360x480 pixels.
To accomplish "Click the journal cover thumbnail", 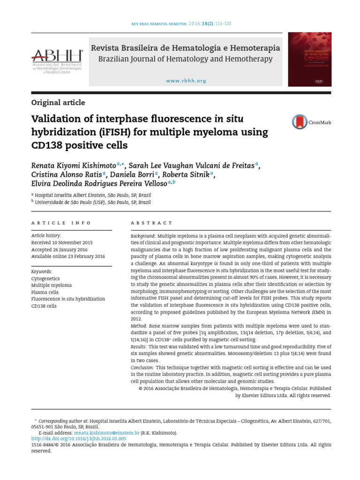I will [x=309, y=59].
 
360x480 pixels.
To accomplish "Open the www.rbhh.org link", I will [x=186, y=81].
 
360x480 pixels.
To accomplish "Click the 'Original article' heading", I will [x=58, y=103].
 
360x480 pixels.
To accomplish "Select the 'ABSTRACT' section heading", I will [x=151, y=223].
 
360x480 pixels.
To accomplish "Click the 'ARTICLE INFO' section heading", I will [x=61, y=223].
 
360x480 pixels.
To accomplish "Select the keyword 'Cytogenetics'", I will [x=45, y=278].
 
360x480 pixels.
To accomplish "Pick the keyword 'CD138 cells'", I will [x=44, y=306].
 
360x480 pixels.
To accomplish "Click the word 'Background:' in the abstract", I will [x=143, y=236].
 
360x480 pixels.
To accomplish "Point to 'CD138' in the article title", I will [x=48, y=145].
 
